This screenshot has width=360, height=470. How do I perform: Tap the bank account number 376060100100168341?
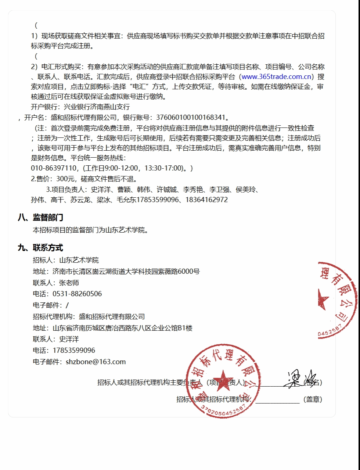point(191,118)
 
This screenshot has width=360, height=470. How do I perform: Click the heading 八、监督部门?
point(40,218)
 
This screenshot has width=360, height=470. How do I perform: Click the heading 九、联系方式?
point(40,248)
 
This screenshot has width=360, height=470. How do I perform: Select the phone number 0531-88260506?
point(77,294)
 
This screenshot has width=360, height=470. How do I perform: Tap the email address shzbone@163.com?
point(96,362)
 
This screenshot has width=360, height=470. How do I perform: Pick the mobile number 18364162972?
point(206,200)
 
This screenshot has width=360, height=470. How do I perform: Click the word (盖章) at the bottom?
point(313,399)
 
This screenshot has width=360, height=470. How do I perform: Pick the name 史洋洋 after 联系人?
point(69,339)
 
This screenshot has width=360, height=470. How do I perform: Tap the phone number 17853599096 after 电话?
point(74,351)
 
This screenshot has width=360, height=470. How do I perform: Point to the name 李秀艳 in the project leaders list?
point(193,190)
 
